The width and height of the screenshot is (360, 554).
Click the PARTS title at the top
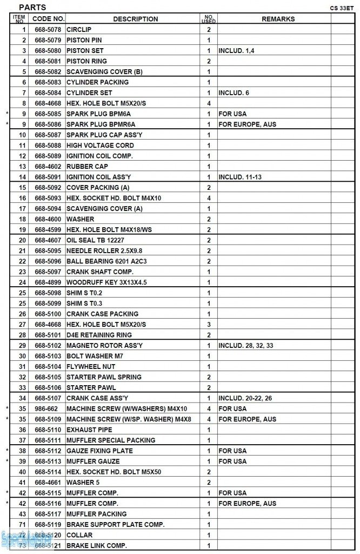[x=32, y=8]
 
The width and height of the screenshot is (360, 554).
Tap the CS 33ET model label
[x=341, y=9]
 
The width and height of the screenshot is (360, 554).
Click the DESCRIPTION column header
[x=135, y=19]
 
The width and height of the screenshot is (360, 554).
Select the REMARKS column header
[x=278, y=19]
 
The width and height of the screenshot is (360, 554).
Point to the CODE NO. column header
[x=49, y=19]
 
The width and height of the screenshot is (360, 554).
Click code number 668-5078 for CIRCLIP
[x=48, y=29]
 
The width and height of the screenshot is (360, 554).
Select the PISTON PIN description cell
[x=84, y=40]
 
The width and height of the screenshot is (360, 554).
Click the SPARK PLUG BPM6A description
[x=98, y=114]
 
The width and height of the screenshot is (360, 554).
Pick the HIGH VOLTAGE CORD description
[x=100, y=145]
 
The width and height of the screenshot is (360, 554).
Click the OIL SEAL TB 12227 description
[x=95, y=240]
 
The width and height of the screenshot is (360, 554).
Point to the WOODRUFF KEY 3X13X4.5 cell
[x=106, y=282]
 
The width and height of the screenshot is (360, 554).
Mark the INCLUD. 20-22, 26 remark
[x=245, y=398]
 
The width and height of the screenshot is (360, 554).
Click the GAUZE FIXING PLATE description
[x=99, y=451]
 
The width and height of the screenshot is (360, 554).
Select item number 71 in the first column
[x=23, y=524]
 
